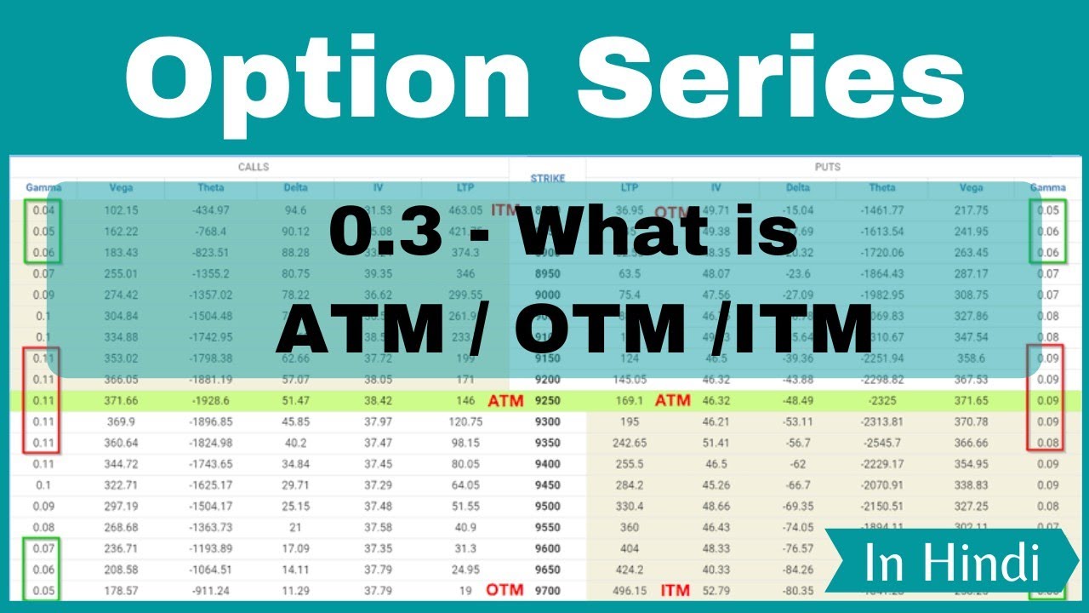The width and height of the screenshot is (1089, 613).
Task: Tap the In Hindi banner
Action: pyautogui.click(x=951, y=563)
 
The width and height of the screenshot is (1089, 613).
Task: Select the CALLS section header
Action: pyautogui.click(x=253, y=167)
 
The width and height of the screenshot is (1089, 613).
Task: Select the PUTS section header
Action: pyautogui.click(x=827, y=167)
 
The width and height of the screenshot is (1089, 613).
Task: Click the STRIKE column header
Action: pyautogui.click(x=547, y=179)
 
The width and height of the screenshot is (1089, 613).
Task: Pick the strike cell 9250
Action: pyautogui.click(x=547, y=398)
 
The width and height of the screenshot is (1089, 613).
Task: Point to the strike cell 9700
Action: pyautogui.click(x=547, y=590)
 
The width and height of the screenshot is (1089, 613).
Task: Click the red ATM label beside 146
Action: pyautogui.click(x=505, y=399)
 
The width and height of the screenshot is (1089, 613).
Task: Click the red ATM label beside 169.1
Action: pyautogui.click(x=672, y=399)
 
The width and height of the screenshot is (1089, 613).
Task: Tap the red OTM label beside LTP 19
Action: pyautogui.click(x=505, y=590)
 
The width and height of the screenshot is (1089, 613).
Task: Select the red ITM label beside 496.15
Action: pyautogui.click(x=676, y=590)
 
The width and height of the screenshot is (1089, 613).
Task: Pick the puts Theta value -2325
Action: pyautogui.click(x=882, y=399)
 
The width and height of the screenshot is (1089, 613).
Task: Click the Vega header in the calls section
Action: pyautogui.click(x=121, y=188)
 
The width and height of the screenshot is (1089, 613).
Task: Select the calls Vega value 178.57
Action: pyautogui.click(x=121, y=590)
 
